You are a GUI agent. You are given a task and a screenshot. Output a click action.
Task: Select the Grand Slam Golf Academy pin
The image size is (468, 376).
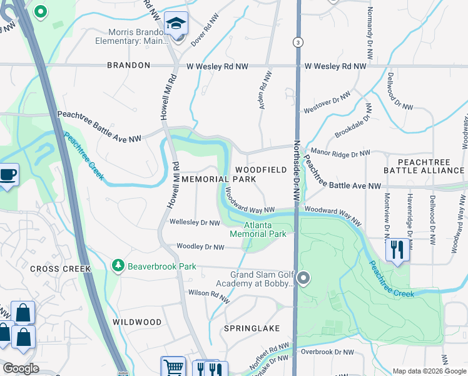304,277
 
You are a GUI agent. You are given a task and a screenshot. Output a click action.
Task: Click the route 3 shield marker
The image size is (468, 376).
297,41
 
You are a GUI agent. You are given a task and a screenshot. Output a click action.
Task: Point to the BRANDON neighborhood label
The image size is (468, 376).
129,65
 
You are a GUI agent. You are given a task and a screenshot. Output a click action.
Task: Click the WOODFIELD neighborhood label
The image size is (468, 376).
261,170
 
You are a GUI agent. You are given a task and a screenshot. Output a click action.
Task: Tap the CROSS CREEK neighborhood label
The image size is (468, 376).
46,269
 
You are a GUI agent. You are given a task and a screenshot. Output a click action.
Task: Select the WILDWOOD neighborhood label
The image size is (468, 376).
137,321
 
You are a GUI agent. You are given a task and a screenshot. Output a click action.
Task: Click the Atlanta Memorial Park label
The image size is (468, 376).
258,229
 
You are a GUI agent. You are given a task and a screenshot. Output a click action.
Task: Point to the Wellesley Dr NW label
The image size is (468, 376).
195,222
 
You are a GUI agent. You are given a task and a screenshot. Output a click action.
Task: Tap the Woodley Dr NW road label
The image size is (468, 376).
201,247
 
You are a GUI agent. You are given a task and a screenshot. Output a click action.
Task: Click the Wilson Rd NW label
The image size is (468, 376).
207,293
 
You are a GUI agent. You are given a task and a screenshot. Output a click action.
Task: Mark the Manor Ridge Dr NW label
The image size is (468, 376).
340,152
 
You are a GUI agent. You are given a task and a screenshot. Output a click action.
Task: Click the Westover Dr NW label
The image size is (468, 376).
326,105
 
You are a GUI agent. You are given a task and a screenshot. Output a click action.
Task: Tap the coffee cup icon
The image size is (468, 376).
8,174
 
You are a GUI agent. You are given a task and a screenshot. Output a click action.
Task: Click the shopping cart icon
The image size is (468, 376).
173,367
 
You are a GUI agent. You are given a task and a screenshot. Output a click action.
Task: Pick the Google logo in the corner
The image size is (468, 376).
21,368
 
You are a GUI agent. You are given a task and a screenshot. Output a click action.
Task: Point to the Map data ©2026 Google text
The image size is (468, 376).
429,371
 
